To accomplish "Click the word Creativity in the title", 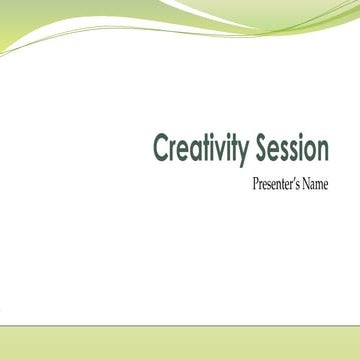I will (x=197, y=149).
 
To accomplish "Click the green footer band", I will (x=180, y=342).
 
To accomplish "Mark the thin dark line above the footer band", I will (x=180, y=324).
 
